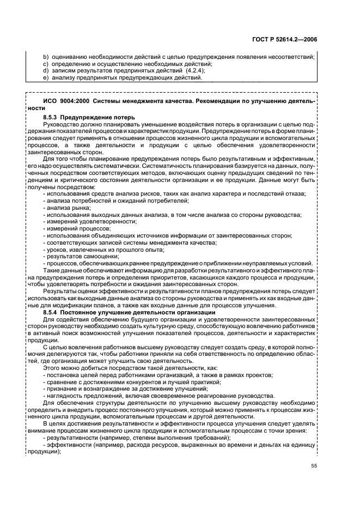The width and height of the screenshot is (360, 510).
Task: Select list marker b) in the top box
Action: (45, 57)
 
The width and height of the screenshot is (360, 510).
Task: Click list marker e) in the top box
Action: (45, 77)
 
